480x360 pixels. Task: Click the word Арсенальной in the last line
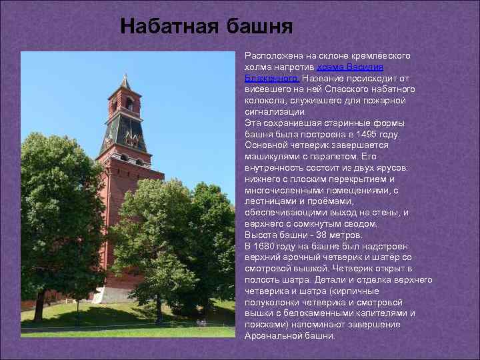coord(273,336)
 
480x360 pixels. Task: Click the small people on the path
coord(201,323)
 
